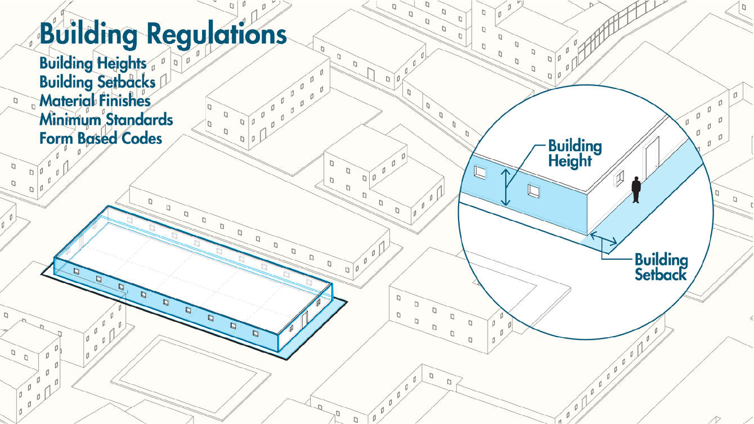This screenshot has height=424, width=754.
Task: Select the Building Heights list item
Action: tap(93, 62)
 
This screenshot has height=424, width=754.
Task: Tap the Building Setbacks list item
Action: tap(97, 82)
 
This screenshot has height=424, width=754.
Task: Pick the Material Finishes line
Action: tap(95, 101)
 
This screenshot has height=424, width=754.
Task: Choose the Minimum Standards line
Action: tap(106, 120)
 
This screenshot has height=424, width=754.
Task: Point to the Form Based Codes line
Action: tap(101, 138)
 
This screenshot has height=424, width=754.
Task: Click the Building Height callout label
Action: tap(575, 154)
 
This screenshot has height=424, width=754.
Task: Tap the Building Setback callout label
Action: tap(661, 267)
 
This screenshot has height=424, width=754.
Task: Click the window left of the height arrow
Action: tap(480, 172)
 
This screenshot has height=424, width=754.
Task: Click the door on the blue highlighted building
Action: tap(304, 320)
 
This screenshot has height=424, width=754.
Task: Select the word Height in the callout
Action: tap(571, 161)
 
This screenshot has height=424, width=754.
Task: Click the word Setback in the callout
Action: tap(661, 274)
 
